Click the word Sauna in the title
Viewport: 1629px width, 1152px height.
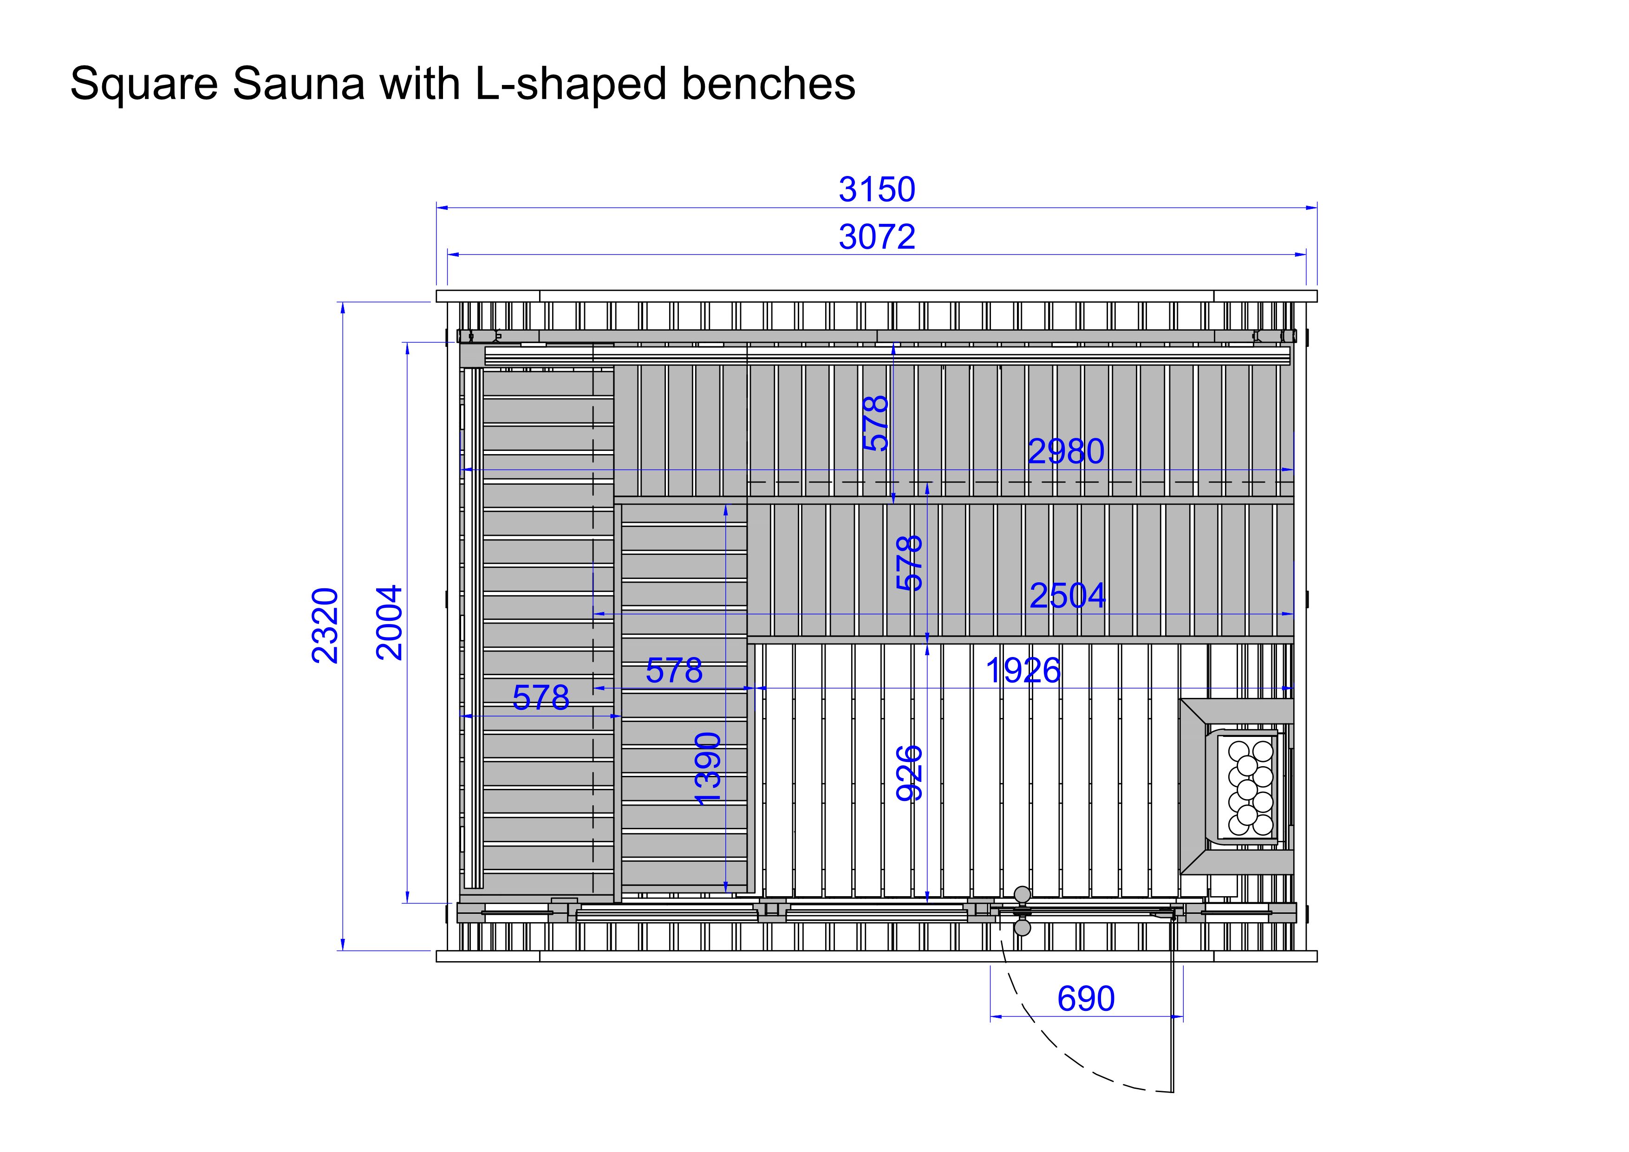click(x=298, y=84)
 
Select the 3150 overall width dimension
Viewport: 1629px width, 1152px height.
click(x=877, y=189)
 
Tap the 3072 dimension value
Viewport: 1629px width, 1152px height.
click(x=877, y=237)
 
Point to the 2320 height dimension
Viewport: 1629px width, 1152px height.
click(x=326, y=625)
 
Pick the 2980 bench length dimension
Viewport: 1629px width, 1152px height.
click(x=1066, y=451)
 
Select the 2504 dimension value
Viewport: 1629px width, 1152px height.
click(x=1067, y=595)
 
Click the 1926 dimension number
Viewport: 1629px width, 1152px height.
click(x=1023, y=670)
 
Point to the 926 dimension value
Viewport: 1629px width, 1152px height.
click(x=910, y=773)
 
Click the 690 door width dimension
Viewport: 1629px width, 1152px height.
click(x=1086, y=999)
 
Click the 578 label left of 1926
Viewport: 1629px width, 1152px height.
click(x=673, y=670)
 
